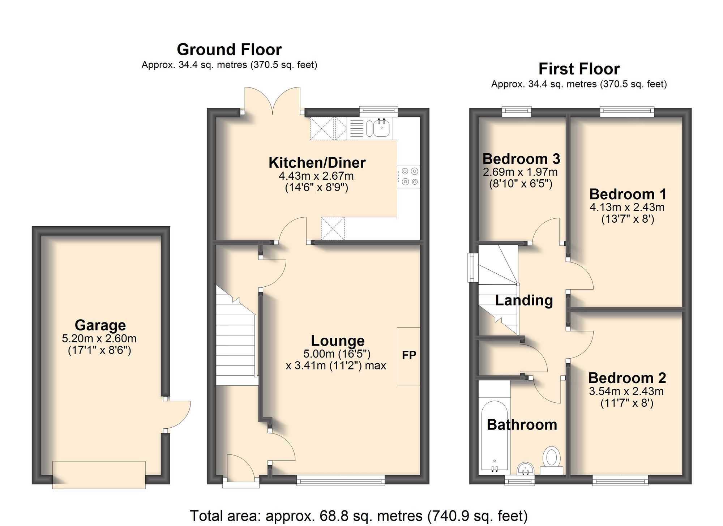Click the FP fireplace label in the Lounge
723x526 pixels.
409,355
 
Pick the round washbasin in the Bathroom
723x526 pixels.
525,470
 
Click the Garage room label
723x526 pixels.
100,325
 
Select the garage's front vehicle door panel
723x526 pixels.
99,474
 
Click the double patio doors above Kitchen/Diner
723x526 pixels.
273,99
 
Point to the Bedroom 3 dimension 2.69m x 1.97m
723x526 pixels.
520,172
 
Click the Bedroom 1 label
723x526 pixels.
628,194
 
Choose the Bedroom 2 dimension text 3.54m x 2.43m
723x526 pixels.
626,391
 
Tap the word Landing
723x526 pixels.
524,300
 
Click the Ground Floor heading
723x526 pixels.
229,50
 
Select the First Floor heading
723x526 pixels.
579,69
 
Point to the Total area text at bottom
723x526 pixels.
359,516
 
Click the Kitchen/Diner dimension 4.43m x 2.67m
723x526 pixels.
316,176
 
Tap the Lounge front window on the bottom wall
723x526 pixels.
341,480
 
